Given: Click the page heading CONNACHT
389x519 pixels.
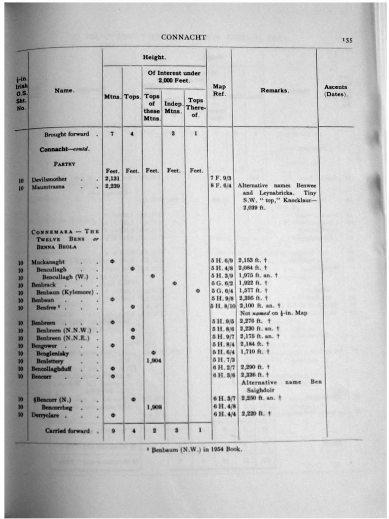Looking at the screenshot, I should (176, 37).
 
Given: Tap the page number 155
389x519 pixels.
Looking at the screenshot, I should (347, 40).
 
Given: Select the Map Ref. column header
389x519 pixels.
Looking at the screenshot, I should (219, 90).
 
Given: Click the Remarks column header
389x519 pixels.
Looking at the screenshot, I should (275, 90).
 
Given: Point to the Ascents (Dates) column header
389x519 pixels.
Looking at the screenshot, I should (336, 90).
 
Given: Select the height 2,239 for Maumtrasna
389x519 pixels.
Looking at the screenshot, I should (112, 186).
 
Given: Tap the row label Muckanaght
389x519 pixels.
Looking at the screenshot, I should (48, 262).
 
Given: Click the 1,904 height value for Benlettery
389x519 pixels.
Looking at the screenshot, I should (152, 360).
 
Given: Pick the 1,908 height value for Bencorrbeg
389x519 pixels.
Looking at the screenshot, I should (152, 406).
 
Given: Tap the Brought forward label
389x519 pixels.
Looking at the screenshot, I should (66, 134).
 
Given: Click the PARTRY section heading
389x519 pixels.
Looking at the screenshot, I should (65, 164).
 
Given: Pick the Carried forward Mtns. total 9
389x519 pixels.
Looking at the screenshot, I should (112, 431).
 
